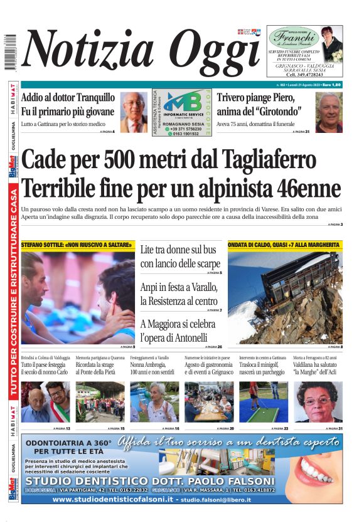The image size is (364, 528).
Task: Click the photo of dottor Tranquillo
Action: [134, 112]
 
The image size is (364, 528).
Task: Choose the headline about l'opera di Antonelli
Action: [178, 331]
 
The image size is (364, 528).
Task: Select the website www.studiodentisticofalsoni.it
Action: [112, 499]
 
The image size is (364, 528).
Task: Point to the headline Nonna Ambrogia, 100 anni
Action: [153, 368]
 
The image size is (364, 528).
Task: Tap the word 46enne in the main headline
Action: [301, 187]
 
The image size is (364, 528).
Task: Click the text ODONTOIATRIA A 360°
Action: [69, 443]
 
